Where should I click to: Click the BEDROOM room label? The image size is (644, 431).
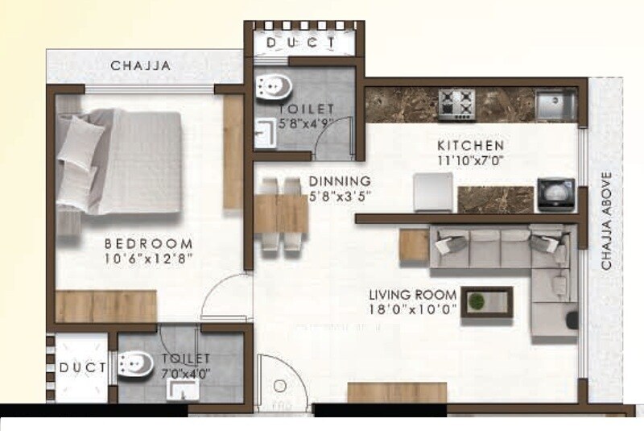pos(148,244)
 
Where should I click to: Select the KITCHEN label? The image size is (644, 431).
pos(470,146)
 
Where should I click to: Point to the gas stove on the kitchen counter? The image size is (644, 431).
pos(458,103)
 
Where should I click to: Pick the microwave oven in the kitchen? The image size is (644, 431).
pos(556,194)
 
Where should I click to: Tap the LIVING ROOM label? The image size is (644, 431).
pos(413,295)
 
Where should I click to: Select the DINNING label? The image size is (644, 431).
pos(339,181)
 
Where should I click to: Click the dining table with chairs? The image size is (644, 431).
pos(281,213)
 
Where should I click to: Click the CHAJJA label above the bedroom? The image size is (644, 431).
pos(141,67)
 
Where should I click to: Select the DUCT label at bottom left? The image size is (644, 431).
pos(83,367)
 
